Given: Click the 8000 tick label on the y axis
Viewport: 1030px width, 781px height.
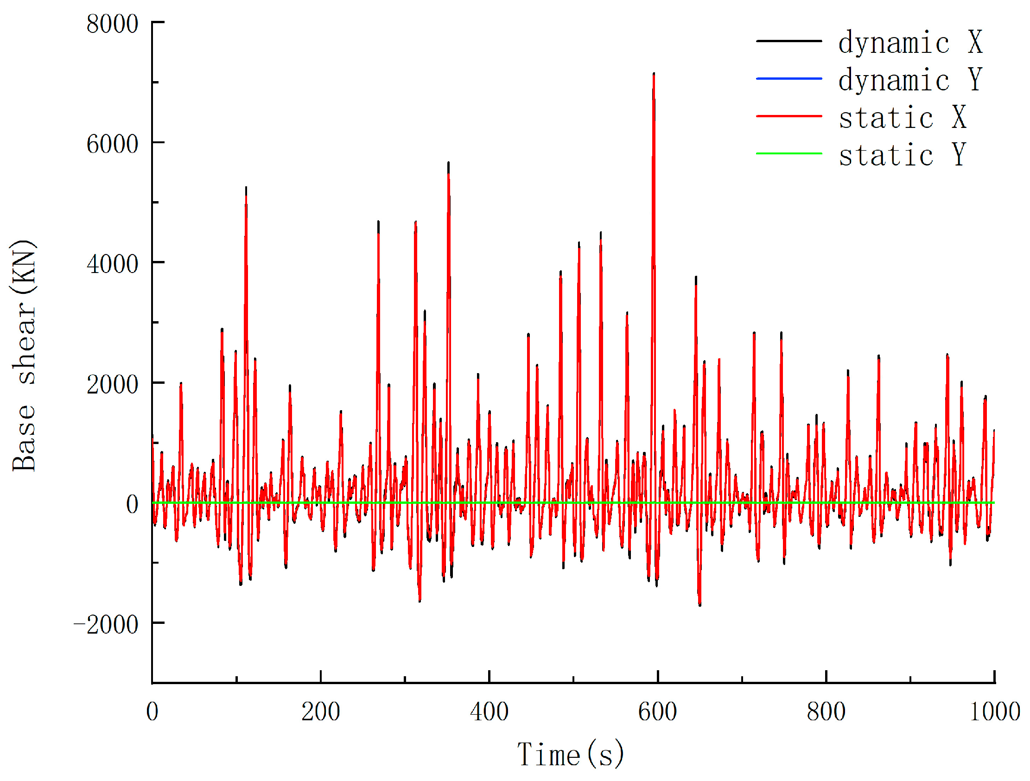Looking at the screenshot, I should [x=112, y=24].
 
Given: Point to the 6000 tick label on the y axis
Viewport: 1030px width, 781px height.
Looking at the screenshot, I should [x=112, y=144].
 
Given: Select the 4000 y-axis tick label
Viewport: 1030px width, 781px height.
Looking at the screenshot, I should [x=112, y=264].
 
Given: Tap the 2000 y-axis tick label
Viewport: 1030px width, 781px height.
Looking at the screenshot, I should [x=112, y=384].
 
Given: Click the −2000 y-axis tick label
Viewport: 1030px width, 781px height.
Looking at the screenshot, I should [x=106, y=624].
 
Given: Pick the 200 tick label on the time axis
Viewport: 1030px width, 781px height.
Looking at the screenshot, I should [x=320, y=711].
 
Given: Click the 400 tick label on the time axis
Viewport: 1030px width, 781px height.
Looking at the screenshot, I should [x=489, y=711].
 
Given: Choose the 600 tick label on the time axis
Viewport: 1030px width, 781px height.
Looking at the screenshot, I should [x=657, y=711].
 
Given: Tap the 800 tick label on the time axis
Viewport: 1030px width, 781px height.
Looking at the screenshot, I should [x=826, y=711].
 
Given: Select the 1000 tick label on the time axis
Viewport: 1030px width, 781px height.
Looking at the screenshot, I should [x=994, y=711].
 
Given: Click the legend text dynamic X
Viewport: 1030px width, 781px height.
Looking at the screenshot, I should [x=910, y=42].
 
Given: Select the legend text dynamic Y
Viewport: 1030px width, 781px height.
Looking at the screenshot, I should [x=910, y=80].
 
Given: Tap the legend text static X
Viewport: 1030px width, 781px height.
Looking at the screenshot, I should [x=903, y=117].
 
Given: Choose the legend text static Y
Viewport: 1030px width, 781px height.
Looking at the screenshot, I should [x=903, y=155].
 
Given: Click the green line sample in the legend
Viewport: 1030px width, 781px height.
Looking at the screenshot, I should [x=789, y=153].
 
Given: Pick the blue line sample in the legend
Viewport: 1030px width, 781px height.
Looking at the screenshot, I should [x=789, y=79].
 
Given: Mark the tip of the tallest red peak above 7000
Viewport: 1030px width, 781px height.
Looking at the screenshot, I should [x=654, y=74].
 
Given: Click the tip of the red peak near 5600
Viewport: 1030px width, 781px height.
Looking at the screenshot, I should [x=448, y=163].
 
